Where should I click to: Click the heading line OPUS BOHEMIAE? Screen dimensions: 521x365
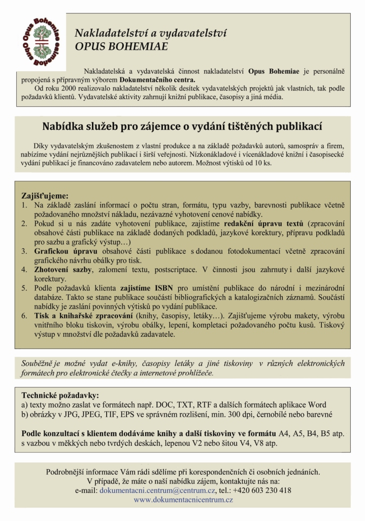pyautogui.click(x=121, y=47)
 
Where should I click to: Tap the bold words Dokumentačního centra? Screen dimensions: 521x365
pyautogui.click(x=157, y=79)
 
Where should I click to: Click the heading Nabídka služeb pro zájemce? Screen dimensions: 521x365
pyautogui.click(x=182, y=126)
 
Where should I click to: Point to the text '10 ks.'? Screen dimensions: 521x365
pyautogui.click(x=262, y=164)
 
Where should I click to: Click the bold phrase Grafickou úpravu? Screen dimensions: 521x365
pyautogui.click(x=66, y=251)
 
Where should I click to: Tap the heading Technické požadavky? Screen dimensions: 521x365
pyautogui.click(x=60, y=395)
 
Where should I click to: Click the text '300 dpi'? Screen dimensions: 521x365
pyautogui.click(x=273, y=414)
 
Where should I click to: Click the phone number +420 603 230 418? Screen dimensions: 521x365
pyautogui.click(x=262, y=490)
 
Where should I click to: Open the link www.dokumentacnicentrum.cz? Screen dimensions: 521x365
pyautogui.click(x=183, y=500)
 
